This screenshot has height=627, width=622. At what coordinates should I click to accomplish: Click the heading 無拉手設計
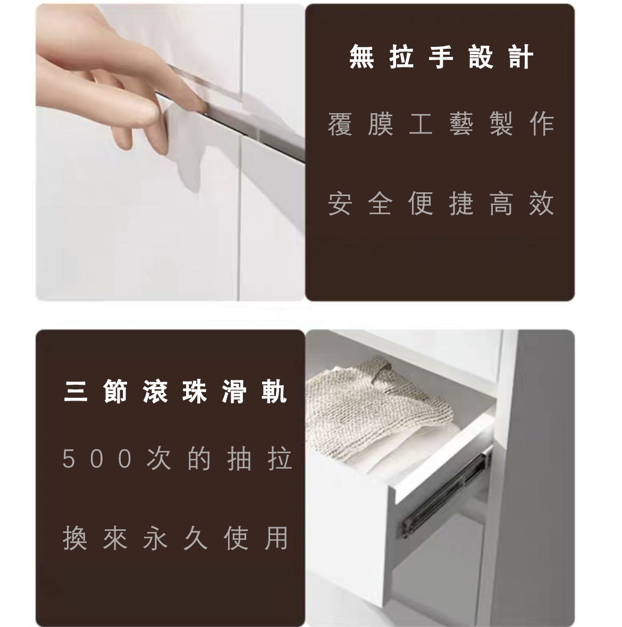click(x=441, y=57)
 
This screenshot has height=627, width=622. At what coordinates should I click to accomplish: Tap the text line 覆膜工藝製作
click(x=441, y=124)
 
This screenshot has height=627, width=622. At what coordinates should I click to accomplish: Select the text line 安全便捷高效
click(x=441, y=204)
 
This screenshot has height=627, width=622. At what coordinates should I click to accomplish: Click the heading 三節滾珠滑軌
click(x=175, y=391)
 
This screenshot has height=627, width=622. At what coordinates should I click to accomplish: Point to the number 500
click(x=97, y=458)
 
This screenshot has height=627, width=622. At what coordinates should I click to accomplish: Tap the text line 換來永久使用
click(x=175, y=538)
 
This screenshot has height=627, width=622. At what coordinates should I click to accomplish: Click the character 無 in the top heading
click(x=362, y=57)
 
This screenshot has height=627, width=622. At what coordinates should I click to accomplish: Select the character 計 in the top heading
click(x=521, y=57)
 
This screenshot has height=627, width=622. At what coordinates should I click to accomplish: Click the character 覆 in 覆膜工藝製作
click(x=340, y=124)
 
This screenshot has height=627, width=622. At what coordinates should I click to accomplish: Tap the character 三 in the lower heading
click(x=75, y=392)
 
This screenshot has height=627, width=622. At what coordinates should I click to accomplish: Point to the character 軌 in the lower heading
click(x=275, y=392)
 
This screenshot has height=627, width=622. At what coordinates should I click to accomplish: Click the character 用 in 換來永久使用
click(x=276, y=538)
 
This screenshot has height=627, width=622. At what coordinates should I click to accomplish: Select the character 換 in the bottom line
click(x=75, y=538)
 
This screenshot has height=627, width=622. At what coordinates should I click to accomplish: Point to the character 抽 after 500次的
click(x=239, y=458)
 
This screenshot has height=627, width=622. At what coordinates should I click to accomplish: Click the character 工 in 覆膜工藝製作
click(x=421, y=124)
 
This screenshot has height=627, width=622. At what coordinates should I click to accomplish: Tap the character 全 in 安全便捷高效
click(x=380, y=204)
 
